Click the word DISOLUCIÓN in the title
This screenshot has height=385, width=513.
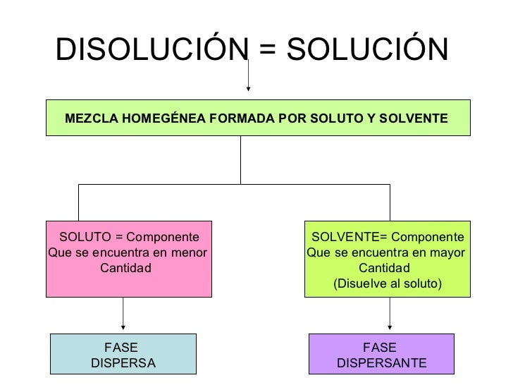[x=144, y=49]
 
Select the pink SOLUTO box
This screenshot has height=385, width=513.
[x=129, y=257]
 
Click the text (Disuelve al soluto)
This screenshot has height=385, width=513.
[x=387, y=283]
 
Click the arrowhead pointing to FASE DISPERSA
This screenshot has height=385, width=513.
[x=124, y=326]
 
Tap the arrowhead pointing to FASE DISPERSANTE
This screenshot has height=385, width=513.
[x=390, y=326]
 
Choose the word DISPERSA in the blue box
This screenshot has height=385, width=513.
[x=123, y=363]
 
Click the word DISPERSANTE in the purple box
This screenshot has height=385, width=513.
[x=381, y=363]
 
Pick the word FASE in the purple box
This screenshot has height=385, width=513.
[x=380, y=347]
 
